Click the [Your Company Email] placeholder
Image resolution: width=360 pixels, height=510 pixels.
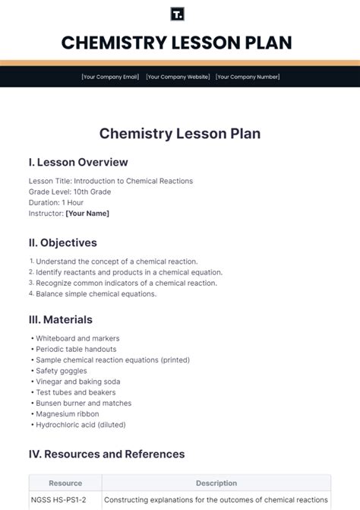click(x=111, y=77)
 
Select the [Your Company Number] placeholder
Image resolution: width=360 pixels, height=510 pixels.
click(x=247, y=77)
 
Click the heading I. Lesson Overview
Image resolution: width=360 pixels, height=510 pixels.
click(x=78, y=162)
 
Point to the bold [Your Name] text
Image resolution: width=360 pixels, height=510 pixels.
click(x=87, y=214)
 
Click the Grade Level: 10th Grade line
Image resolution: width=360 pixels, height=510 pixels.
click(x=70, y=192)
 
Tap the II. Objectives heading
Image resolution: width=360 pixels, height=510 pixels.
click(x=63, y=243)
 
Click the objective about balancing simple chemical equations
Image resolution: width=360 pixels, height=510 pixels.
click(x=96, y=294)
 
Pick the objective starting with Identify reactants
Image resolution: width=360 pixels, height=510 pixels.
click(x=128, y=272)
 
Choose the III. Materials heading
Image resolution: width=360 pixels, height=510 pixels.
click(x=61, y=320)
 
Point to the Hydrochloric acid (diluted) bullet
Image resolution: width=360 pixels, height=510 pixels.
click(x=81, y=425)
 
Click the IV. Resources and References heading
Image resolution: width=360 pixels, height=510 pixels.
click(x=107, y=455)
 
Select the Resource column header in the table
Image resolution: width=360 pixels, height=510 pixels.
click(x=65, y=483)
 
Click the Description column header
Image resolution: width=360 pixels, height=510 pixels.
click(x=216, y=483)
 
